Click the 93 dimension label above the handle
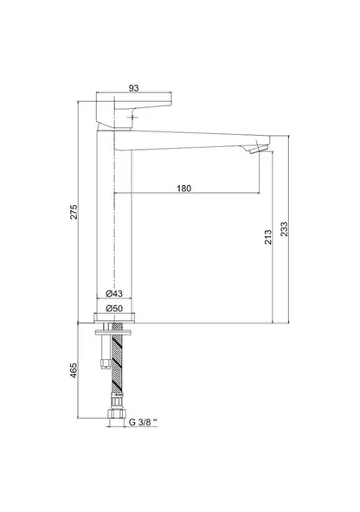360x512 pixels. point(133,88)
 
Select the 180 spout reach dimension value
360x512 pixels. point(184,189)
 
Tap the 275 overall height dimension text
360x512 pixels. point(74,212)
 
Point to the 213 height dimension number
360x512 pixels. point(268,237)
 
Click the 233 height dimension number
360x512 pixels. point(284,229)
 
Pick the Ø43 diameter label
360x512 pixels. point(114,293)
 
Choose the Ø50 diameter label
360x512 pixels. point(114,308)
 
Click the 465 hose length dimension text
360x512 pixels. point(74,370)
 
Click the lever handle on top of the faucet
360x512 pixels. point(134,111)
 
